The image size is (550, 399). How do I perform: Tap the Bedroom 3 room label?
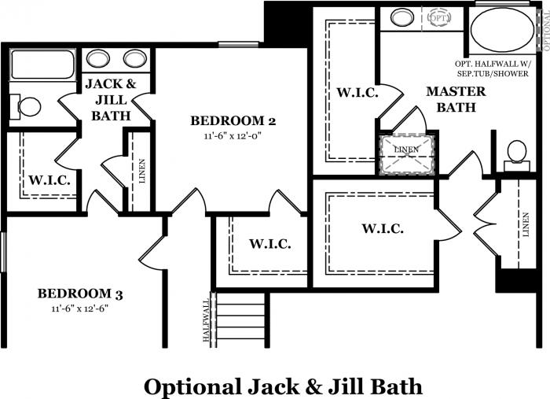(x=80, y=294)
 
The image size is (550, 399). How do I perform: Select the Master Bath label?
(x=456, y=99)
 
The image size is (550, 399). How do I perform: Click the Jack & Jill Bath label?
(x=111, y=99)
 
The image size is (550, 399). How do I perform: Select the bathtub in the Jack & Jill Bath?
(x=42, y=65)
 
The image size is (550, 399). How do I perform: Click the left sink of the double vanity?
(x=99, y=58)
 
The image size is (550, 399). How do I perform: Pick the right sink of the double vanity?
(x=135, y=58)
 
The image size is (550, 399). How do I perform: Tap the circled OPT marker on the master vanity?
(x=438, y=17)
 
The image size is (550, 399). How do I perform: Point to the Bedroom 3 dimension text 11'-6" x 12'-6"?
(x=80, y=308)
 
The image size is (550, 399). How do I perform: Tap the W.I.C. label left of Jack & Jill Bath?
(x=50, y=179)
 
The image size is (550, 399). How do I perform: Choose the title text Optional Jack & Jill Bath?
(x=282, y=386)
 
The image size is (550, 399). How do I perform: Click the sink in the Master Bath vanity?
(x=402, y=17)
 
